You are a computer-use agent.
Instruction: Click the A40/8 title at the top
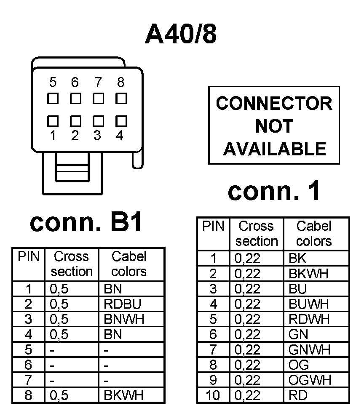coord(181,34)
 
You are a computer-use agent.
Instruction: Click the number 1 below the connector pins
coord(53,136)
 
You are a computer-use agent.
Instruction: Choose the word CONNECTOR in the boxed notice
coord(274,104)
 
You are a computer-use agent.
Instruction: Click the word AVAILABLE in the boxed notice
coord(274,149)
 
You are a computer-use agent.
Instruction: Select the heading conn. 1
coord(274,192)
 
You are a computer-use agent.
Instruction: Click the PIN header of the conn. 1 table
coord(213,227)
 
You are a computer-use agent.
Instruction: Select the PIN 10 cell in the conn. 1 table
coord(213,395)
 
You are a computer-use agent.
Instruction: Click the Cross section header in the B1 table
coord(72,264)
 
